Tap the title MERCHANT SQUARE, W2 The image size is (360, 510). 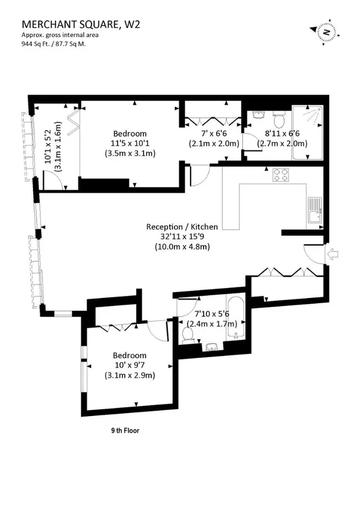point(81,24)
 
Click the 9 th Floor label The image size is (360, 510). point(125,431)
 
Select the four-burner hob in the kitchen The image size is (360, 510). point(281,174)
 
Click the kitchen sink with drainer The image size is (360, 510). point(315,210)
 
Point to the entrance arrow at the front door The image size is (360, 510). point(332,254)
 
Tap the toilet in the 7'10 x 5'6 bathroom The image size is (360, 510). point(188,335)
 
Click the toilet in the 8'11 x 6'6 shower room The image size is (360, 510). point(278,119)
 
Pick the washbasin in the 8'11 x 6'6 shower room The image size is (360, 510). point(259,115)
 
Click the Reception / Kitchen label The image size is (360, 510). point(182,227)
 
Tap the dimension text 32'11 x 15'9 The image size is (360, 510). point(182,237)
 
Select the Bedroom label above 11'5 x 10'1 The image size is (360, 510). point(130,133)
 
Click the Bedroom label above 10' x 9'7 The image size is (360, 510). point(129,355)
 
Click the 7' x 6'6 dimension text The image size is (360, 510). point(214,133)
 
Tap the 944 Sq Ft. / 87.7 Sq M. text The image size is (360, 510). point(53,44)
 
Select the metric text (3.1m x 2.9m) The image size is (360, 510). point(130,376)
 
